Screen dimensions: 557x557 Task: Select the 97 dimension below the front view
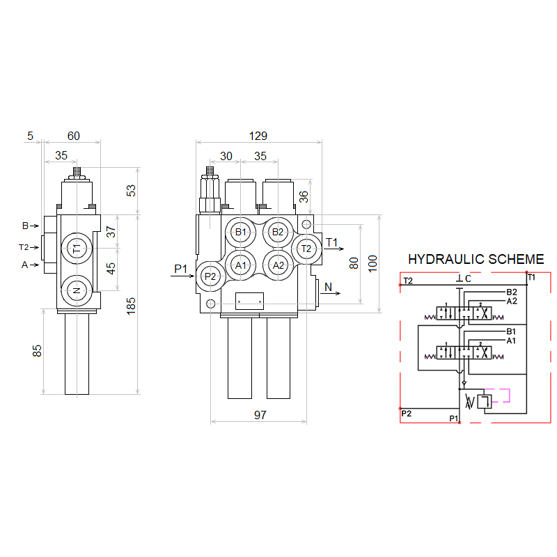click(x=260, y=415)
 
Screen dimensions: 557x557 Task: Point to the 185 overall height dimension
click(x=132, y=306)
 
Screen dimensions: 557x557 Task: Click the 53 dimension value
click(x=132, y=190)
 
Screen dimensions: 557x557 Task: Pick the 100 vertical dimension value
click(x=372, y=262)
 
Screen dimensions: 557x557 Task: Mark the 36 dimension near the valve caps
click(x=304, y=197)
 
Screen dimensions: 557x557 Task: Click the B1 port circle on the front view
click(x=241, y=232)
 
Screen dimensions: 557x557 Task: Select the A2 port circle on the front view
click(x=278, y=265)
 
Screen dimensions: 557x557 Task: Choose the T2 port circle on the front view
click(x=306, y=249)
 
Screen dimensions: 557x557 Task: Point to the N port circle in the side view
click(x=77, y=290)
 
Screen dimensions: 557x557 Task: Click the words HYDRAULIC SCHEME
click(x=476, y=259)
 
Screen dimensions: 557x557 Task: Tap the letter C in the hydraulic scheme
click(x=468, y=279)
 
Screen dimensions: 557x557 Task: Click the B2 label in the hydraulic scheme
click(x=511, y=292)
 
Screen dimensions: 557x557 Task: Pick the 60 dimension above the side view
click(x=72, y=136)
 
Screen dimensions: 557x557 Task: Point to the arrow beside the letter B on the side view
click(x=34, y=226)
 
